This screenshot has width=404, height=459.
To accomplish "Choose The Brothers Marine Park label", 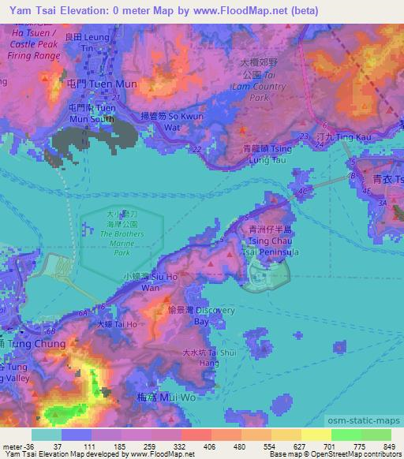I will tap(122, 233).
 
